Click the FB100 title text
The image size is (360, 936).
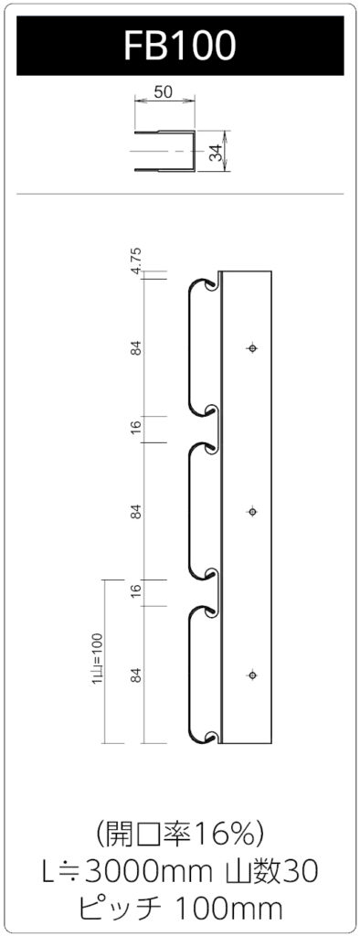[180, 46]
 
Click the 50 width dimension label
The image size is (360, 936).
[164, 91]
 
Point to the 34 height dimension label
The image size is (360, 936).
[217, 152]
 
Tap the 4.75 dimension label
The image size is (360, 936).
[137, 261]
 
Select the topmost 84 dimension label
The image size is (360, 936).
[137, 347]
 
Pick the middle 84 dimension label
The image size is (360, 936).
[137, 512]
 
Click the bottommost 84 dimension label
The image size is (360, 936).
[137, 675]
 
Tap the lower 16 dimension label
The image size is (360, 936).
[137, 591]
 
